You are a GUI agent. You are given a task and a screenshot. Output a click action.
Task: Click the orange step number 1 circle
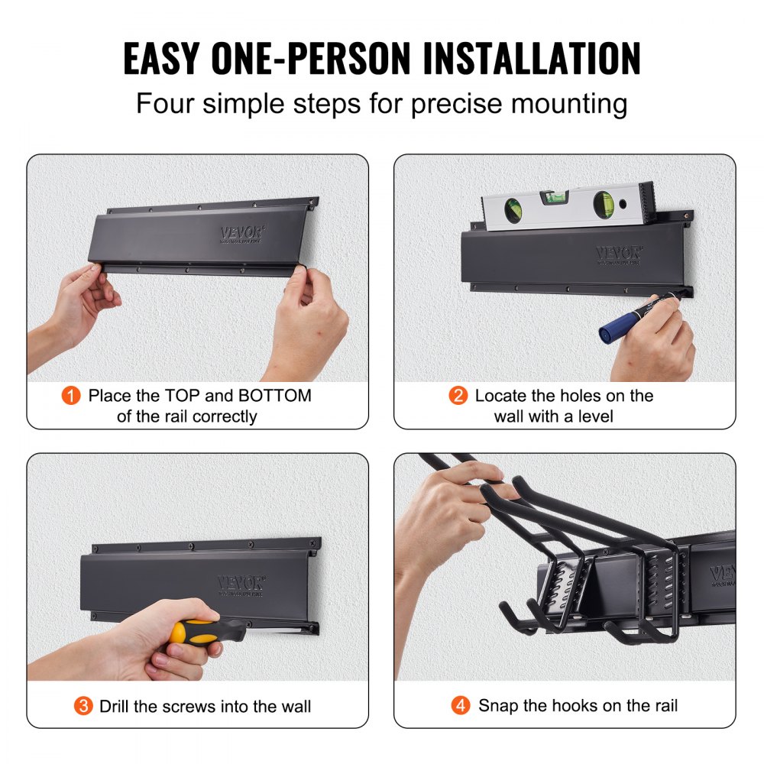[x=71, y=396]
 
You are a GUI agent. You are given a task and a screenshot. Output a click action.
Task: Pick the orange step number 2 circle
[x=458, y=396]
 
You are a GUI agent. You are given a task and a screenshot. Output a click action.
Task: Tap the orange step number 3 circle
[x=83, y=706]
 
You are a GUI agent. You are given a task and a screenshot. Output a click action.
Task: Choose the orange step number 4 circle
[x=461, y=706]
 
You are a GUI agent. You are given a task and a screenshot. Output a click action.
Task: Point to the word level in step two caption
[x=594, y=416]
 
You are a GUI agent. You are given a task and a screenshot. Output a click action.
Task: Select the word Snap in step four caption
[x=497, y=706]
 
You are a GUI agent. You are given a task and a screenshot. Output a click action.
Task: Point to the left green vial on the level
[x=513, y=207]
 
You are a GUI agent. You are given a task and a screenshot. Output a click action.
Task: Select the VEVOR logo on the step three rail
[x=238, y=583]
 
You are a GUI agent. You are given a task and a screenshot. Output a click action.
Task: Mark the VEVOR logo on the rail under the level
[x=617, y=253]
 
